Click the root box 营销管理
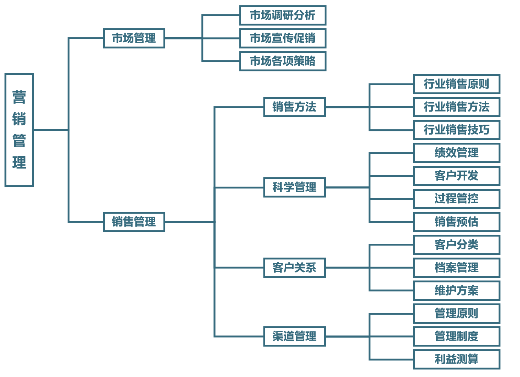click(x=19, y=130)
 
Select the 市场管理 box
click(x=134, y=38)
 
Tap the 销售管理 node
click(x=134, y=222)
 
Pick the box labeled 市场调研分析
click(x=283, y=15)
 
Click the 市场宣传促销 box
click(x=283, y=38)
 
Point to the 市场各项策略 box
click(x=283, y=61)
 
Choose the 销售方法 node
click(x=294, y=107)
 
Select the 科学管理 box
click(x=294, y=187)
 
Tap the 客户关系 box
click(x=294, y=268)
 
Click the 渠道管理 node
click(x=294, y=336)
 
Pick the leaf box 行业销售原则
click(x=457, y=84)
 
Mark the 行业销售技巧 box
click(x=457, y=130)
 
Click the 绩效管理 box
click(x=457, y=153)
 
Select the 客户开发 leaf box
click(x=457, y=176)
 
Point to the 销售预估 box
click(x=457, y=222)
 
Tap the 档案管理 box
click(x=457, y=268)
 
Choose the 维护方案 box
click(x=457, y=291)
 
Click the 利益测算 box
click(x=457, y=359)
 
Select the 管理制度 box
click(x=457, y=336)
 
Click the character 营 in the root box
click(x=19, y=97)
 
